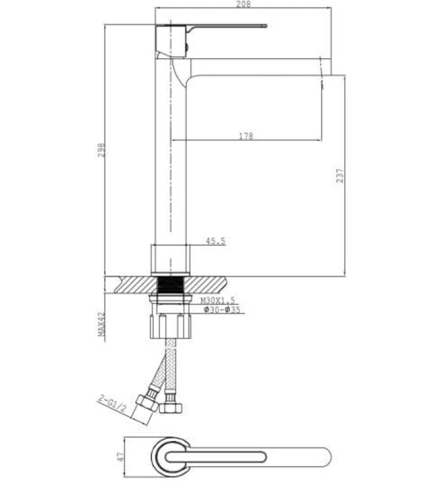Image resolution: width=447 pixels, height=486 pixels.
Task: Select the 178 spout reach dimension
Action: (x=245, y=136)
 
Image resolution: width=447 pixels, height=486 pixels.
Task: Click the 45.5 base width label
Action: (x=215, y=242)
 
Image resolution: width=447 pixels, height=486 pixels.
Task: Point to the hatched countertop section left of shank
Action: (x=135, y=284)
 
